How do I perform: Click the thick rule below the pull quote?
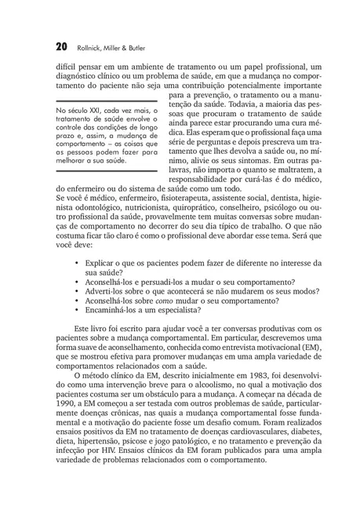point(107,171)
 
